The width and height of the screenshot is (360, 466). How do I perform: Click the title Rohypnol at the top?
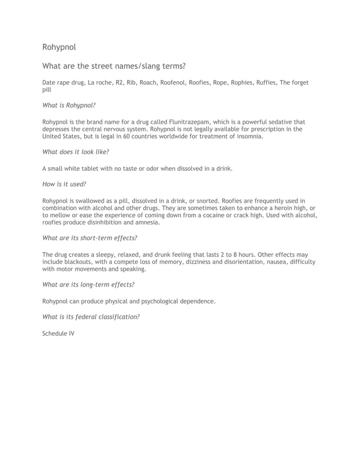59,47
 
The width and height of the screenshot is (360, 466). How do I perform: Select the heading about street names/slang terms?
113,66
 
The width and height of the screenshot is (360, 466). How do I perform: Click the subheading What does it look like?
76,152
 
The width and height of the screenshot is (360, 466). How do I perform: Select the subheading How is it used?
64,184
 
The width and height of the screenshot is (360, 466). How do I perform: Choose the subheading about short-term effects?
90,238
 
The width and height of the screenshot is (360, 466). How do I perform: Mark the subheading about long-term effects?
89,285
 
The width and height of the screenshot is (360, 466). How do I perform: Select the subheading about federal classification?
91,316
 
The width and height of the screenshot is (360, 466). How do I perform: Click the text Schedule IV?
58,333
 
